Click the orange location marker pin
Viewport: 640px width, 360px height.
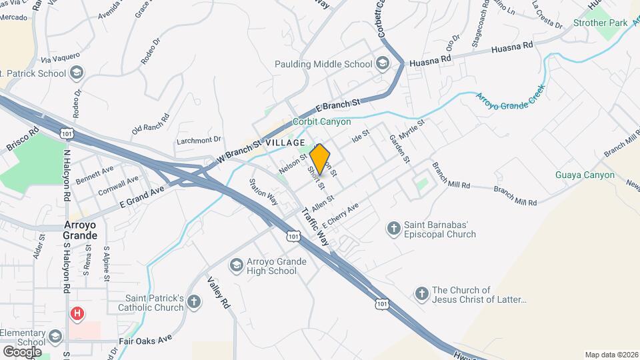pos(321,159)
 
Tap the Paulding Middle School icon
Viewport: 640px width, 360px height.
pos(383,64)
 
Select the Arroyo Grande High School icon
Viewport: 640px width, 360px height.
pos(235,266)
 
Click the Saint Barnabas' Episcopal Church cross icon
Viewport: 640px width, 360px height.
pos(393,229)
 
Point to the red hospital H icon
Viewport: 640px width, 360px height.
pos(78,313)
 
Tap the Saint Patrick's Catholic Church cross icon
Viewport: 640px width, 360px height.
pos(194,302)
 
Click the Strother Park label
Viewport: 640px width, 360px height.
pos(600,23)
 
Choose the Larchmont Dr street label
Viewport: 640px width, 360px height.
pos(198,141)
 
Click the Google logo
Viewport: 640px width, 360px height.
pos(22,351)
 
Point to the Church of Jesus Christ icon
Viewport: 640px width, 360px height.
pos(421,293)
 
